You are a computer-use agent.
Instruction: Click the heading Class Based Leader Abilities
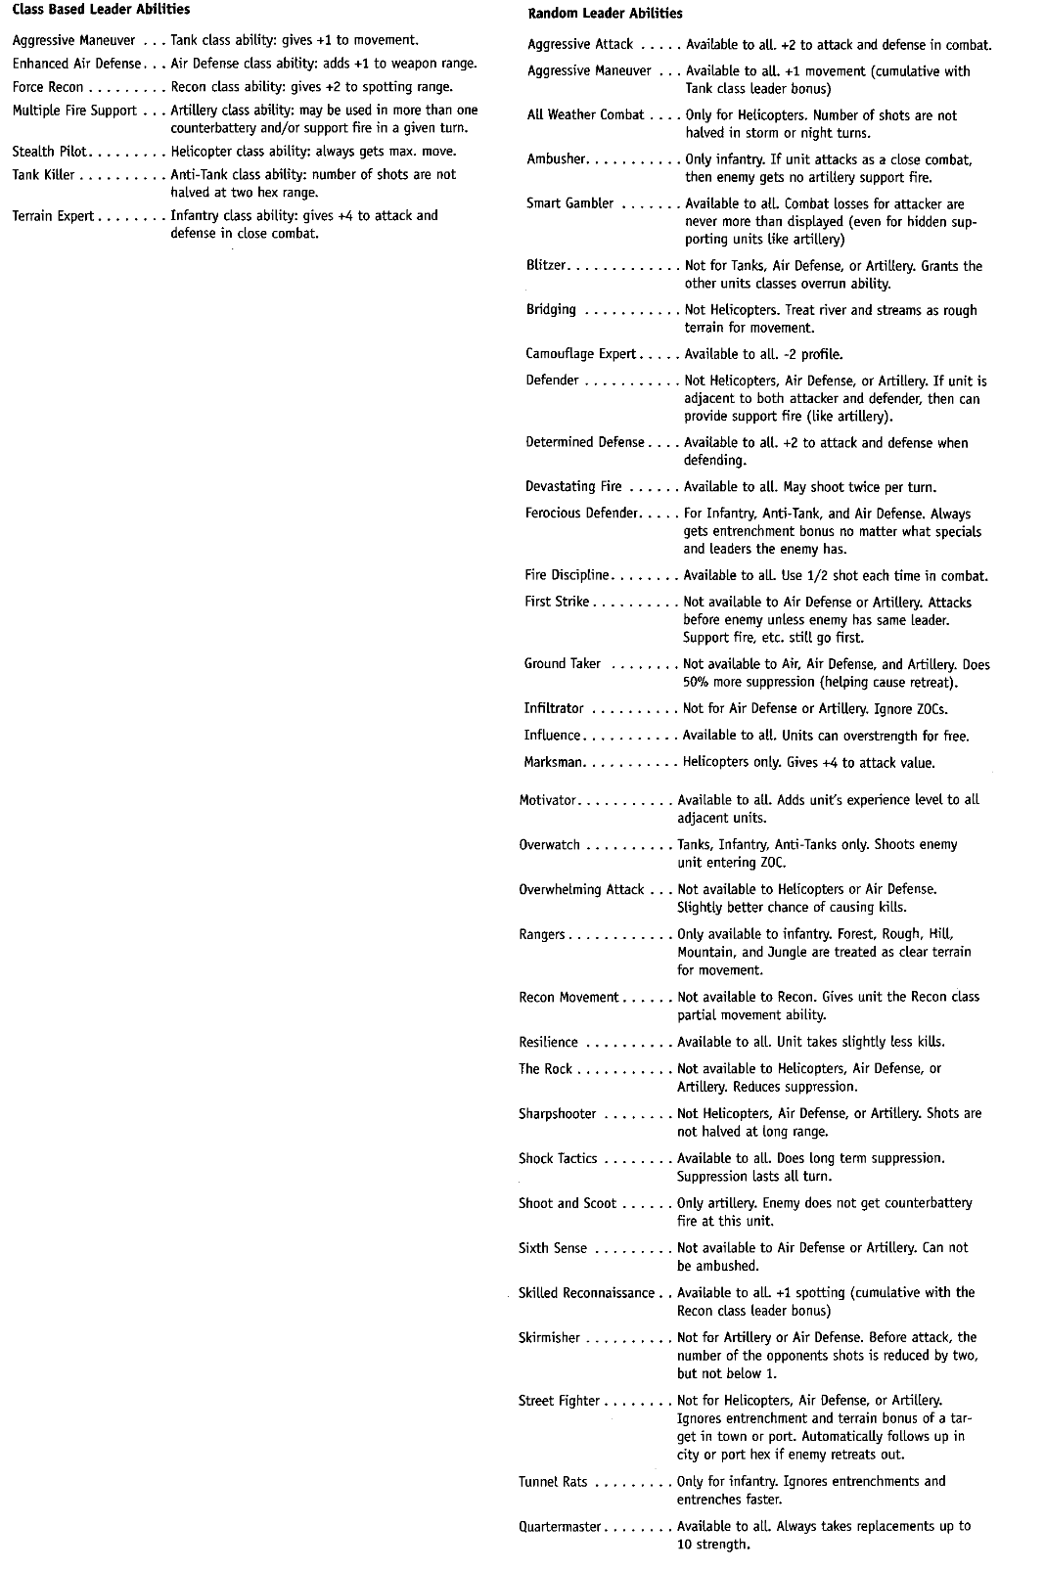point(101,10)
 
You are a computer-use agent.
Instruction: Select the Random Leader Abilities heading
point(605,14)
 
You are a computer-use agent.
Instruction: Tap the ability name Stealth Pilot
point(49,152)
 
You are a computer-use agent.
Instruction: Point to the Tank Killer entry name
point(44,175)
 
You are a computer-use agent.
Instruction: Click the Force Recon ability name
point(48,87)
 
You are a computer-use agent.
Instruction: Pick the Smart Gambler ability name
point(570,203)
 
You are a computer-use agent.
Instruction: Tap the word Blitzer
point(547,266)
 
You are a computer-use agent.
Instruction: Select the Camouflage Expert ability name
point(581,354)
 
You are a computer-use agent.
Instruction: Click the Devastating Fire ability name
point(574,486)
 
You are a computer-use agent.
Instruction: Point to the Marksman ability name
point(554,762)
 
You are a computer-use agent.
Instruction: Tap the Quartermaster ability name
point(560,1526)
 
